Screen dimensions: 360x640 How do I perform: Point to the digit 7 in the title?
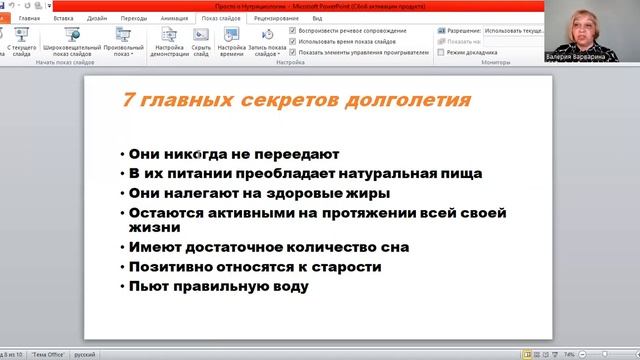[x=128, y=101]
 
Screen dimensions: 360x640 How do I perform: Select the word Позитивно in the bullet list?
[x=174, y=267]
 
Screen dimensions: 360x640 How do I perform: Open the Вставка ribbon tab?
[x=63, y=18]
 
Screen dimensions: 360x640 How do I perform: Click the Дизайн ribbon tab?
[x=97, y=18]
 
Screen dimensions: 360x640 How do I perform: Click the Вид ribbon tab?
[x=317, y=18]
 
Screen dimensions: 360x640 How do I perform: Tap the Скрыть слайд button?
[x=201, y=49]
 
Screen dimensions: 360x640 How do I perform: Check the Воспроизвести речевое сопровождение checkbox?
[x=292, y=31]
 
